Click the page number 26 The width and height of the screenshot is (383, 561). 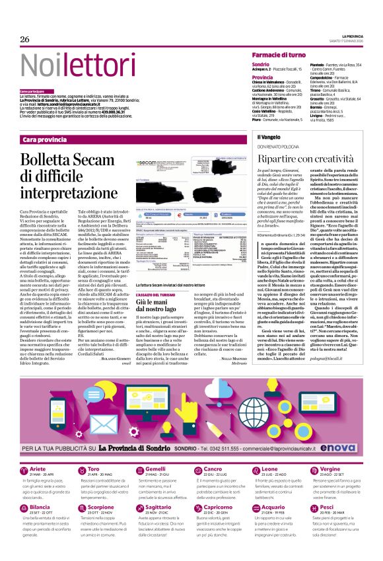click(26, 40)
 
